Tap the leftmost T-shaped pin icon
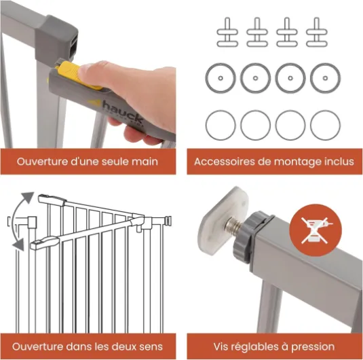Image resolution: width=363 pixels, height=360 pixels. pyautogui.click(x=227, y=32)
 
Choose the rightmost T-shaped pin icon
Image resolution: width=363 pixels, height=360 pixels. pyautogui.click(x=316, y=32)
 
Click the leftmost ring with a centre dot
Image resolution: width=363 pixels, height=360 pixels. pyautogui.click(x=221, y=78)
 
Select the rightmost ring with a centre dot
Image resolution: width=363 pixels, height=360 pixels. pyautogui.click(x=325, y=78)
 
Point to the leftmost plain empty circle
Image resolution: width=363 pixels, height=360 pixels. pyautogui.click(x=221, y=125)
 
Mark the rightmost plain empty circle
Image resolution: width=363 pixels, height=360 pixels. pyautogui.click(x=325, y=125)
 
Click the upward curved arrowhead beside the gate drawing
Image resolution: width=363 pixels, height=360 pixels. pyautogui.click(x=28, y=197)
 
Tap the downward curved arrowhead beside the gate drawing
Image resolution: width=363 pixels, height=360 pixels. pyautogui.click(x=18, y=245)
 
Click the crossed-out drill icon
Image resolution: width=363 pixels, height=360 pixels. pyautogui.click(x=316, y=230)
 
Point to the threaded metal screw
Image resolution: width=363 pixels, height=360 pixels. pyautogui.click(x=235, y=225)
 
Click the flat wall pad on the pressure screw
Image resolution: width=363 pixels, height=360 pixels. pyautogui.click(x=223, y=220)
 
